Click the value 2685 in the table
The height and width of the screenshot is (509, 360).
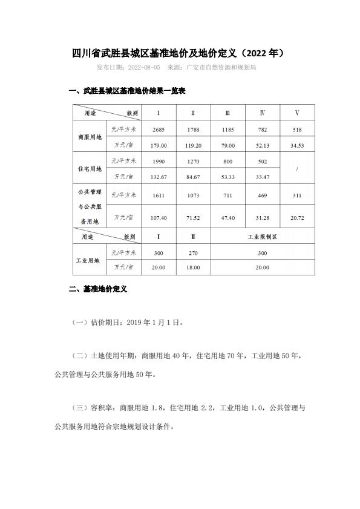[x=159, y=130]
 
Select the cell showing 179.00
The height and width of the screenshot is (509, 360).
[x=159, y=146]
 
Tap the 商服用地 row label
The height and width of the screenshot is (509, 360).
[x=90, y=137]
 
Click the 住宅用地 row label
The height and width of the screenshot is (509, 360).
[x=90, y=168]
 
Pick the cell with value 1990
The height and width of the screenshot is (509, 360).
[x=159, y=161]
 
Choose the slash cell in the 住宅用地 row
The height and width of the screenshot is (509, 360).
[x=297, y=168]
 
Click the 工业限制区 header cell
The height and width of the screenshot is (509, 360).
[x=263, y=237]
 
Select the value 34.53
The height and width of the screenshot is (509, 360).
[x=297, y=146]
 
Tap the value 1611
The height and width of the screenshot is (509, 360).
[x=159, y=195]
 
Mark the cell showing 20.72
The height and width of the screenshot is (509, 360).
[x=297, y=217]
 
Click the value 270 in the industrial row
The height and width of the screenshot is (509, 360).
[x=193, y=252]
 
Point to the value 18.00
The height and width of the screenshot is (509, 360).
[x=193, y=267]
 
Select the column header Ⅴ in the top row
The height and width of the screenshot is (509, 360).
[x=297, y=113]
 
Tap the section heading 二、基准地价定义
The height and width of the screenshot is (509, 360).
[x=97, y=290]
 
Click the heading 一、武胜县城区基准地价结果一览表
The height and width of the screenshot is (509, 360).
[x=127, y=91]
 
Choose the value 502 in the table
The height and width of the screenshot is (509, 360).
[x=263, y=161]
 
